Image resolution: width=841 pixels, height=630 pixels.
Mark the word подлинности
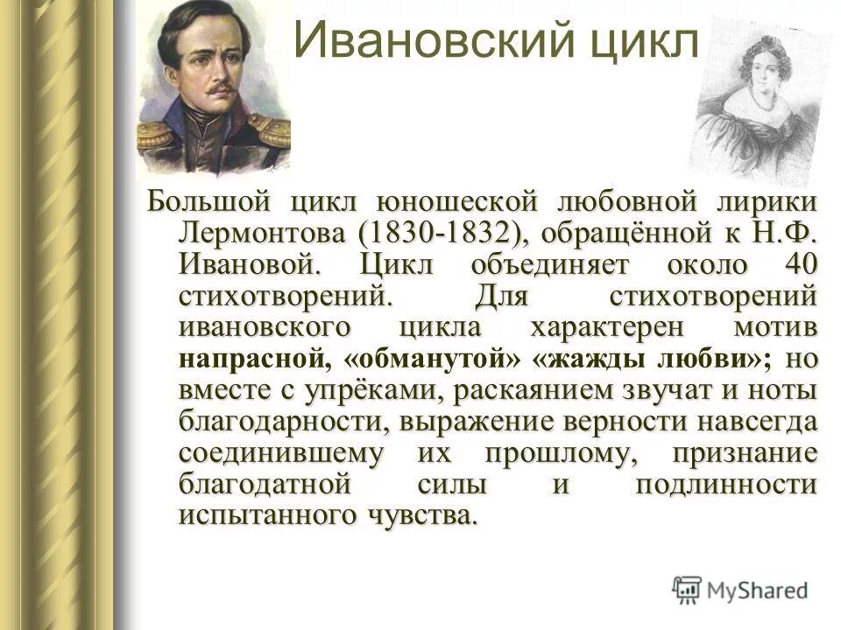pyautogui.click(x=727, y=486)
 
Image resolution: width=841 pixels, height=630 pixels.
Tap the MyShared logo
pyautogui.click(x=741, y=589)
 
